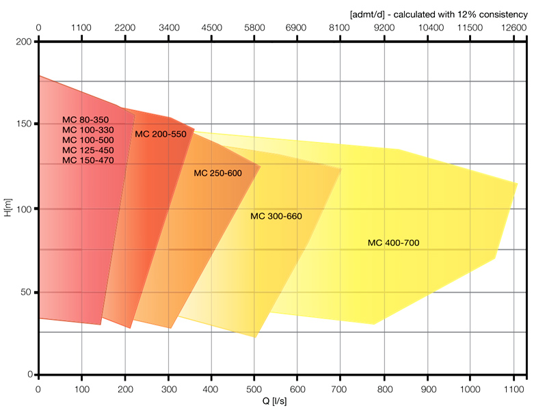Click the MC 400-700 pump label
click(x=393, y=243)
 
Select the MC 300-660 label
click(x=276, y=216)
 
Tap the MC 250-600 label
click(x=218, y=173)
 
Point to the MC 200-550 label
click(x=161, y=134)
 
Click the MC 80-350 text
click(x=85, y=120)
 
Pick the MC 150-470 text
click(x=88, y=160)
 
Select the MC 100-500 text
click(x=88, y=139)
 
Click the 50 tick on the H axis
click(x=28, y=292)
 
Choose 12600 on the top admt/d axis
click(x=513, y=28)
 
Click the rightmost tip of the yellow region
click(x=517, y=183)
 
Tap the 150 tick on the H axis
click(x=25, y=124)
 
